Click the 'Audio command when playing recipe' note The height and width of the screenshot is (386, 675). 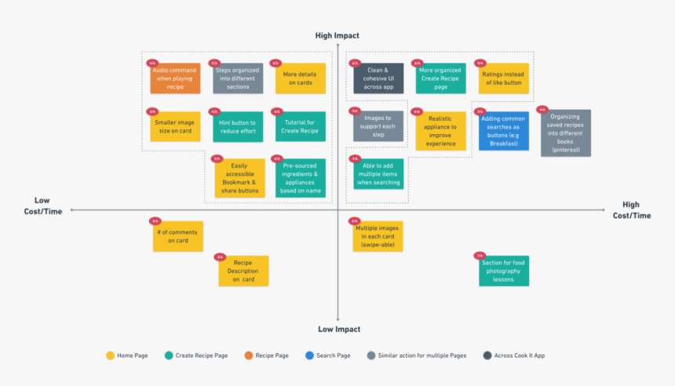[x=175, y=78]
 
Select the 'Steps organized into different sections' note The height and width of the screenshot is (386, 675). [x=238, y=78]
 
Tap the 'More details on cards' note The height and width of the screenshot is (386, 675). [x=300, y=78]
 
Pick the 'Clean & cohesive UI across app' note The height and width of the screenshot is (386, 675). [x=378, y=78]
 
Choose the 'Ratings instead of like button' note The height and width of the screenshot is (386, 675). [x=503, y=78]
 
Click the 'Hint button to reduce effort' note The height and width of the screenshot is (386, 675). [x=238, y=126]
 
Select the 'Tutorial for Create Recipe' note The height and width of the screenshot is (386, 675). [x=300, y=126]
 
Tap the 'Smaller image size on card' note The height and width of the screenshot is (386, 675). [x=175, y=126]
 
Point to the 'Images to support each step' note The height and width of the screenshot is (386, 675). [x=378, y=126]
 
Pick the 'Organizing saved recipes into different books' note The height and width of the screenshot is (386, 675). [x=565, y=133]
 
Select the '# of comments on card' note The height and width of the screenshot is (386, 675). [x=177, y=235]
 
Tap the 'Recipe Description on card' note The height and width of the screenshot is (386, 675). [x=243, y=271]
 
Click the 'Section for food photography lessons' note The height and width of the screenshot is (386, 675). [x=504, y=271]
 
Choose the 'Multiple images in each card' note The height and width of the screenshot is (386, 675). [x=378, y=235]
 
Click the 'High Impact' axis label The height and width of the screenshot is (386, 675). [x=337, y=35]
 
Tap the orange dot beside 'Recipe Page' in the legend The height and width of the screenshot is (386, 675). [x=249, y=355]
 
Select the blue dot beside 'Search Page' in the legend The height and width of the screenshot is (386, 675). [x=310, y=355]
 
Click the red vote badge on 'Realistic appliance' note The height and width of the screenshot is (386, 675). [x=417, y=112]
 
